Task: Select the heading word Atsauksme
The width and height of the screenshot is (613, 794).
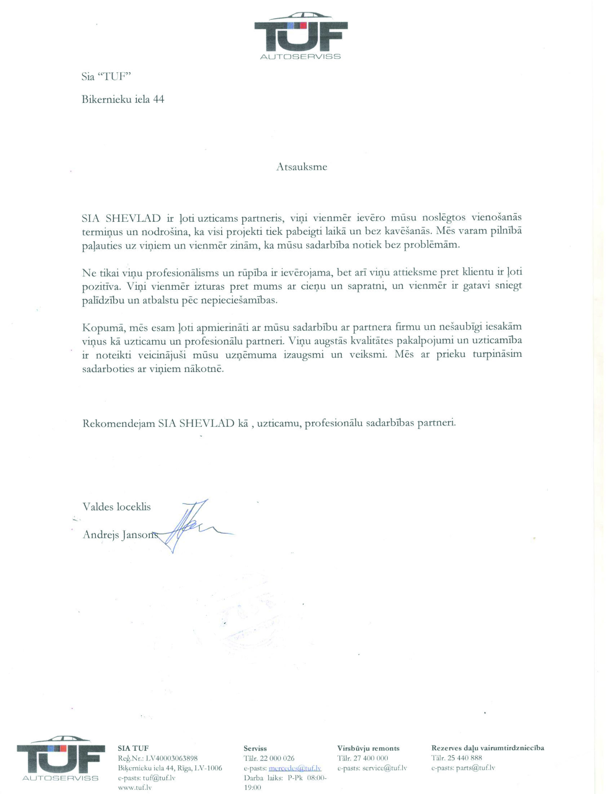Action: [x=301, y=167]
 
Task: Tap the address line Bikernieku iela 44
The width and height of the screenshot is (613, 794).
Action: [x=123, y=99]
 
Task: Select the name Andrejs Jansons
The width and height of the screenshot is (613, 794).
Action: [x=120, y=535]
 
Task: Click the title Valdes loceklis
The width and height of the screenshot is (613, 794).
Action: [x=117, y=507]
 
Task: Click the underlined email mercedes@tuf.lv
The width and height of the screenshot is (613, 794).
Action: [x=295, y=768]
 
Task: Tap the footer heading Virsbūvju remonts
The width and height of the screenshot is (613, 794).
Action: [x=368, y=748]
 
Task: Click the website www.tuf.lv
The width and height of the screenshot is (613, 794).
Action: [x=135, y=788]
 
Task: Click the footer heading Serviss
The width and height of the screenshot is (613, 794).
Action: [x=255, y=748]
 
